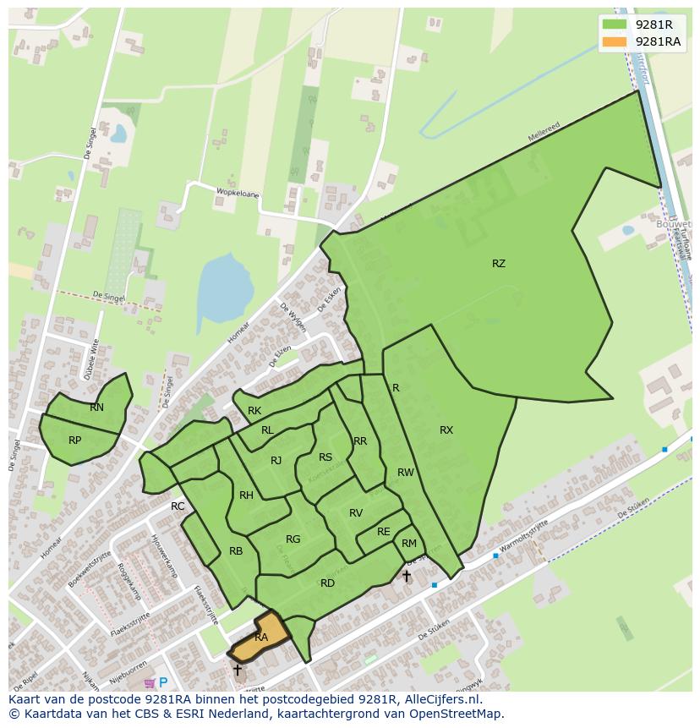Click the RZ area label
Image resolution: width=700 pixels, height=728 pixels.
(499, 264)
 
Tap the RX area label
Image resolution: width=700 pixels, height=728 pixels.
(446, 430)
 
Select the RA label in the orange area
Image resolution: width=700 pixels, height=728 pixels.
(261, 638)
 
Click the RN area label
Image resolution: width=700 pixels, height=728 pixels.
(97, 408)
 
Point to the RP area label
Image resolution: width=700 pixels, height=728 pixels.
(75, 441)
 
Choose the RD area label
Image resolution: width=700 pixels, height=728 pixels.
(327, 583)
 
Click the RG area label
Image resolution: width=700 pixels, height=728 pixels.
(293, 539)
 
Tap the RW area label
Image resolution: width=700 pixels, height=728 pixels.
(406, 473)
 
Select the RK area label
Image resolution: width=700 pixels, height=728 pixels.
(254, 411)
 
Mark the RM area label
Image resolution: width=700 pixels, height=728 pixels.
(409, 544)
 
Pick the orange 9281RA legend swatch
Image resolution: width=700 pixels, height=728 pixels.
(615, 41)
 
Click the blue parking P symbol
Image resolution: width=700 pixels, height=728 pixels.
(163, 682)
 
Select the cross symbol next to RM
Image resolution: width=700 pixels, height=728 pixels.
(406, 576)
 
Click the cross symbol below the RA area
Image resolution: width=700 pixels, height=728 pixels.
(238, 670)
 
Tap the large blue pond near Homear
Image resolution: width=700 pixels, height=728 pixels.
(225, 293)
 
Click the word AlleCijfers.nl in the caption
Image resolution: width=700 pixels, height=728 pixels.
(443, 699)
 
